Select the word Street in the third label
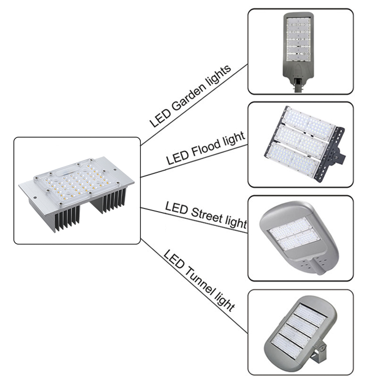[206, 215]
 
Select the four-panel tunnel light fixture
[300, 332]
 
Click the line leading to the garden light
[194, 105]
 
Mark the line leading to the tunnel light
[194, 286]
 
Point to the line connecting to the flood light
[194, 161]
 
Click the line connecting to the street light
[194, 220]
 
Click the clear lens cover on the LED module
[76, 182]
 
